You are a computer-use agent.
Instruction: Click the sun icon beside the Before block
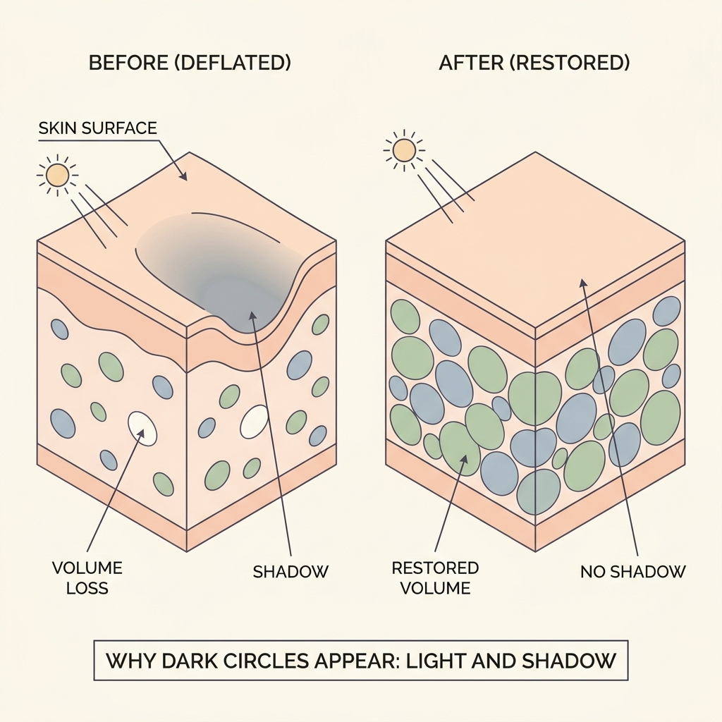click(58, 176)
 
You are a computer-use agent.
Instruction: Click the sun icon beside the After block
click(404, 151)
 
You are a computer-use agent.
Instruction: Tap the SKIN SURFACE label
click(97, 128)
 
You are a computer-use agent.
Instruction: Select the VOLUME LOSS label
click(87, 578)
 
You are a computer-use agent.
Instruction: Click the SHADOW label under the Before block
click(290, 572)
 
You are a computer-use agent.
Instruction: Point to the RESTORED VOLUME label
click(435, 578)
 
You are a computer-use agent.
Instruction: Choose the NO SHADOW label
click(633, 572)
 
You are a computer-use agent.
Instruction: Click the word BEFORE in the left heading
click(128, 63)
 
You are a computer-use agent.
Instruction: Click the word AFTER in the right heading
click(471, 63)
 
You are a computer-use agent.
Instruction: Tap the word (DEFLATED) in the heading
click(233, 63)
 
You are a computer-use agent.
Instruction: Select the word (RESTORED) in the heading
click(570, 63)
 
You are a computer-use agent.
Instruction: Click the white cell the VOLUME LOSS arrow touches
click(142, 428)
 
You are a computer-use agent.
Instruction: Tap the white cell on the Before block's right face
click(254, 422)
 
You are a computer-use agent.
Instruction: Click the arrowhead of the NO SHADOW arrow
click(582, 283)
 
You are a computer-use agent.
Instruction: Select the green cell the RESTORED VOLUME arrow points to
click(460, 449)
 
